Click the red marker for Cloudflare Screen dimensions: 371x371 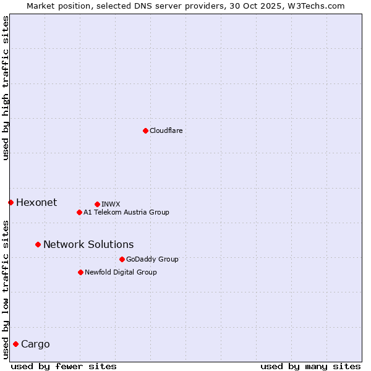(x=145, y=130)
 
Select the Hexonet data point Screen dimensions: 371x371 (x=11, y=202)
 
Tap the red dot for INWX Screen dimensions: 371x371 (x=97, y=204)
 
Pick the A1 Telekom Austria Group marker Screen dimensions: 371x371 (x=79, y=212)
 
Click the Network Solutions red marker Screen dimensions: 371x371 (x=38, y=244)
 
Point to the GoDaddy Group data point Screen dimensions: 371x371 (x=122, y=259)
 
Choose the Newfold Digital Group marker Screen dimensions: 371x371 (x=80, y=272)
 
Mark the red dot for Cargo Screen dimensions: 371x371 (x=15, y=344)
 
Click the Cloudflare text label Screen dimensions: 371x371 (x=166, y=130)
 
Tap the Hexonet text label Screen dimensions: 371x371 (x=36, y=202)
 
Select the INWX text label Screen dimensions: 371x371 (x=111, y=204)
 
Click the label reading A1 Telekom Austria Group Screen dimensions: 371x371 (x=126, y=212)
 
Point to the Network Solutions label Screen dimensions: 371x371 (x=88, y=244)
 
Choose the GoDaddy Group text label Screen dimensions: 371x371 (x=152, y=259)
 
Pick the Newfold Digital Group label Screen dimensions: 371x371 (x=121, y=272)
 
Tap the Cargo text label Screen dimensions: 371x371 (x=35, y=344)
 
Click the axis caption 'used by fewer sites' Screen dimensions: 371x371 (x=64, y=366)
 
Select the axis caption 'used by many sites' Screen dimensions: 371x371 (x=310, y=366)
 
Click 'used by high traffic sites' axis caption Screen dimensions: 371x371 (x=6, y=88)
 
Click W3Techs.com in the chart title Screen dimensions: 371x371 (x=316, y=6)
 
